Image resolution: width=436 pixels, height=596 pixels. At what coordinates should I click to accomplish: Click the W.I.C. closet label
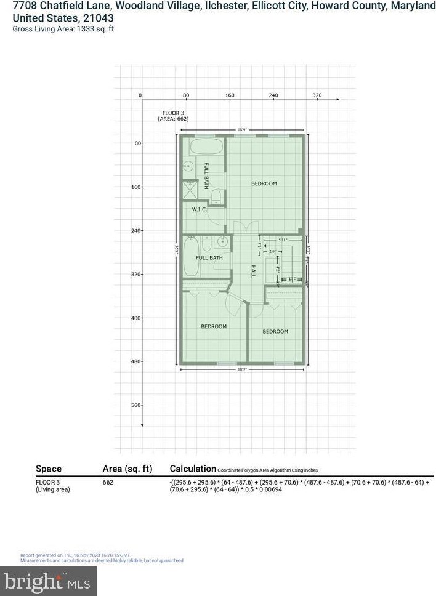pyautogui.click(x=199, y=210)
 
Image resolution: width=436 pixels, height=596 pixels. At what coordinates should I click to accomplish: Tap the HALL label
pyautogui.click(x=252, y=271)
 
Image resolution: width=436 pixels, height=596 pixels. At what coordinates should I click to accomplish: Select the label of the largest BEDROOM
pyautogui.click(x=264, y=183)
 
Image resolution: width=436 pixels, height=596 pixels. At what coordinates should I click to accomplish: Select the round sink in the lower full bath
pyautogui.click(x=224, y=241)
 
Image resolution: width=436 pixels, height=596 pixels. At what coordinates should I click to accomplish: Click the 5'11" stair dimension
pyautogui.click(x=283, y=240)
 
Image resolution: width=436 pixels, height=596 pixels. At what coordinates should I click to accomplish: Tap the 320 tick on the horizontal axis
pyautogui.click(x=317, y=95)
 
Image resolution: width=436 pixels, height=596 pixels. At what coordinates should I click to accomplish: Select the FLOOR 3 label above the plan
pyautogui.click(x=172, y=113)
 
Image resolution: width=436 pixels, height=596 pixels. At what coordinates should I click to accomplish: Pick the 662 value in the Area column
pyautogui.click(x=108, y=483)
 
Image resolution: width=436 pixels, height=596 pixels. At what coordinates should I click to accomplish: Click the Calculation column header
pyautogui.click(x=193, y=469)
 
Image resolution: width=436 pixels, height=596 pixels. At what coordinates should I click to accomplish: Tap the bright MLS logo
pyautogui.click(x=49, y=581)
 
